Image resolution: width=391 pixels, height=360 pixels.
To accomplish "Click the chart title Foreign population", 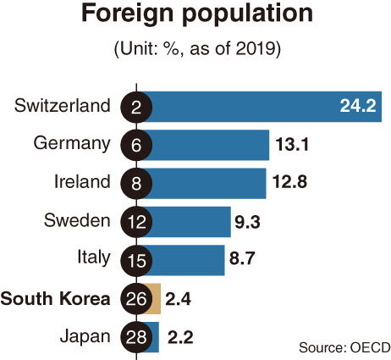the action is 197,14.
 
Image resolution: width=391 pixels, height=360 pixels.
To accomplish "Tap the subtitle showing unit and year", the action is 197,49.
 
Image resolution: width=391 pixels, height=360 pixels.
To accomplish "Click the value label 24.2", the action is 358,106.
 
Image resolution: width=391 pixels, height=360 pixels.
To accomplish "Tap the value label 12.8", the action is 289,181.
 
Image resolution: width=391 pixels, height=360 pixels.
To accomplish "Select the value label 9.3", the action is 247,222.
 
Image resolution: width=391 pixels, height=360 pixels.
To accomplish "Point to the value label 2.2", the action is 180,337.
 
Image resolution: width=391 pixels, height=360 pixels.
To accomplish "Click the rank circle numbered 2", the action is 136,107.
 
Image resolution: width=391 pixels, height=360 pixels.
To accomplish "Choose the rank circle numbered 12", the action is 136,222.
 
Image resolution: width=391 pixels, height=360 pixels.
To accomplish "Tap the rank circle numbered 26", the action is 136,299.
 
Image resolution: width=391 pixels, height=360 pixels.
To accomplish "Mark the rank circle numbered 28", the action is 136,337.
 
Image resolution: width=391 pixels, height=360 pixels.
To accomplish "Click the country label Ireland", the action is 82,181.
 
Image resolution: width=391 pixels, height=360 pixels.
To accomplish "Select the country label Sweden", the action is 77,220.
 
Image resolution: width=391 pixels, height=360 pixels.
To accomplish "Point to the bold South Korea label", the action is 55,298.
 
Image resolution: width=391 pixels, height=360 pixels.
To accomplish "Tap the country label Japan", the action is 85,336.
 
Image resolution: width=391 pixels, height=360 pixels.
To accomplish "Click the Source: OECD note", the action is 344,347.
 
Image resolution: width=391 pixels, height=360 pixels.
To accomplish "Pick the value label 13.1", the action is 292,145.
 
